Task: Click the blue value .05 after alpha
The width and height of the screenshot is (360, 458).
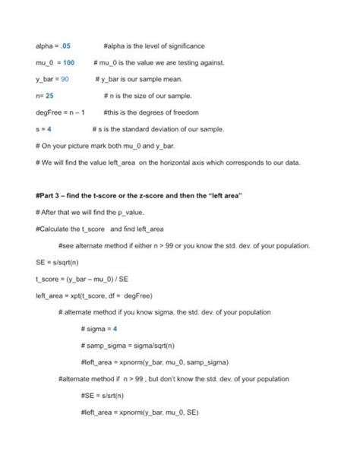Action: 65,46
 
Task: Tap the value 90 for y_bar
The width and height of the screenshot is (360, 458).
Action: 65,79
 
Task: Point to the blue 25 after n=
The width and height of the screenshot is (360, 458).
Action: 49,96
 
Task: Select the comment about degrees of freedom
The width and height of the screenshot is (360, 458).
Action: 154,112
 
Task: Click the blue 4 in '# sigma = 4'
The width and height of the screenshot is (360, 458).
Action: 114,328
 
